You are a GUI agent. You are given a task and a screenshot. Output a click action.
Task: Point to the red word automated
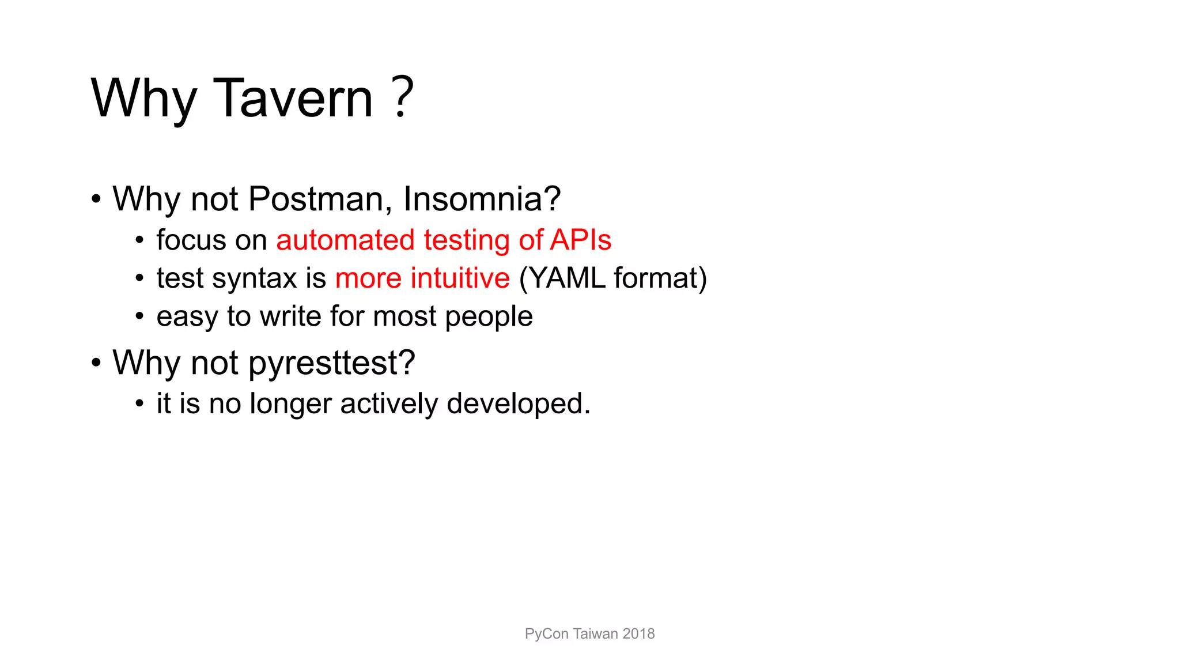click(x=345, y=240)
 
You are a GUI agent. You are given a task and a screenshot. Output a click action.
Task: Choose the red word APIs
click(x=580, y=240)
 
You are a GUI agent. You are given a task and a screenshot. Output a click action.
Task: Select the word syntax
click(x=255, y=279)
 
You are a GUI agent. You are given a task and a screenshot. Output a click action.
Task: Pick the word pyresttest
click(x=331, y=363)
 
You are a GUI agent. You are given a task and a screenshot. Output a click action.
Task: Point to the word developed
click(x=518, y=403)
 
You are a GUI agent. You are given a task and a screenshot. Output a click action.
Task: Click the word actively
click(x=389, y=403)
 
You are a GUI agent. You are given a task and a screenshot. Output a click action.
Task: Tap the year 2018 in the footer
click(x=638, y=633)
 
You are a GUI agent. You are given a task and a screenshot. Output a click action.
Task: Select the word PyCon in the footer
click(x=546, y=634)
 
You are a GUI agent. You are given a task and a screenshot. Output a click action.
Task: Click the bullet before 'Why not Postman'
click(x=96, y=199)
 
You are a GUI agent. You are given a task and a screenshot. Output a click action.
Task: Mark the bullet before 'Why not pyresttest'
click(x=96, y=363)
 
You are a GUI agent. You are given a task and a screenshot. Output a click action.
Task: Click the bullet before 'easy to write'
click(x=139, y=316)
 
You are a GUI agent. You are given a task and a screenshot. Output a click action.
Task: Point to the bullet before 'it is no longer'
click(x=139, y=403)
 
